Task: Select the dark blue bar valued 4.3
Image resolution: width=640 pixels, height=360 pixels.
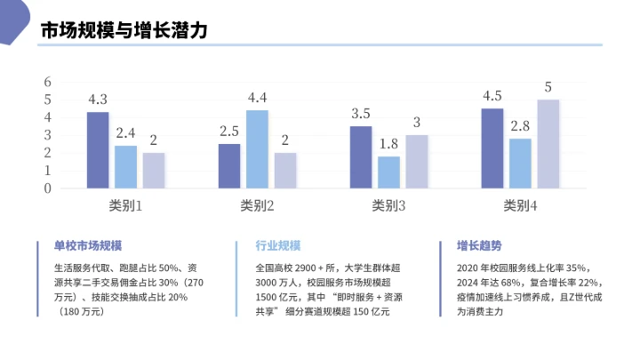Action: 98,150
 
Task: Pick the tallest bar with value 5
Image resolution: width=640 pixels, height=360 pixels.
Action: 548,144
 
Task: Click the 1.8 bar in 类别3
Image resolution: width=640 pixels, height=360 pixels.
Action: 388,172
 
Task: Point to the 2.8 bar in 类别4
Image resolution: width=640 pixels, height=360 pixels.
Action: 520,164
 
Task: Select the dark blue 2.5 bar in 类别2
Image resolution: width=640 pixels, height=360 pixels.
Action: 229,166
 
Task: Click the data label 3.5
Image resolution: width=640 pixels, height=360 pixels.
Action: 361,114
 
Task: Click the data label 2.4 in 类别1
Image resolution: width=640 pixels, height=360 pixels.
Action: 125,133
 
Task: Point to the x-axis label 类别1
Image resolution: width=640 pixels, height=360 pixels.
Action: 125,205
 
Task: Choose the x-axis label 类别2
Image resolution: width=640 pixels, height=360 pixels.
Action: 257,205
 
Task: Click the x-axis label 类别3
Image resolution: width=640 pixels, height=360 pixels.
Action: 388,205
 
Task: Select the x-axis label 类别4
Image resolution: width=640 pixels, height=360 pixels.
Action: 520,205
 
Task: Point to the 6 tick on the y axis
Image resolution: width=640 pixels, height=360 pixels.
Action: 48,82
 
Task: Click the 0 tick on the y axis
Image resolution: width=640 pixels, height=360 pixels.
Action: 48,188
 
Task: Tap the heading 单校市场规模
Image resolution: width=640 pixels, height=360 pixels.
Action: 87,246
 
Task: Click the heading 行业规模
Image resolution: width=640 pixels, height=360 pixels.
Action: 277,246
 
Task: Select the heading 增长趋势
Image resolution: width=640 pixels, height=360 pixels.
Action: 479,246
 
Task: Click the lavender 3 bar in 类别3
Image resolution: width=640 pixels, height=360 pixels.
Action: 417,162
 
